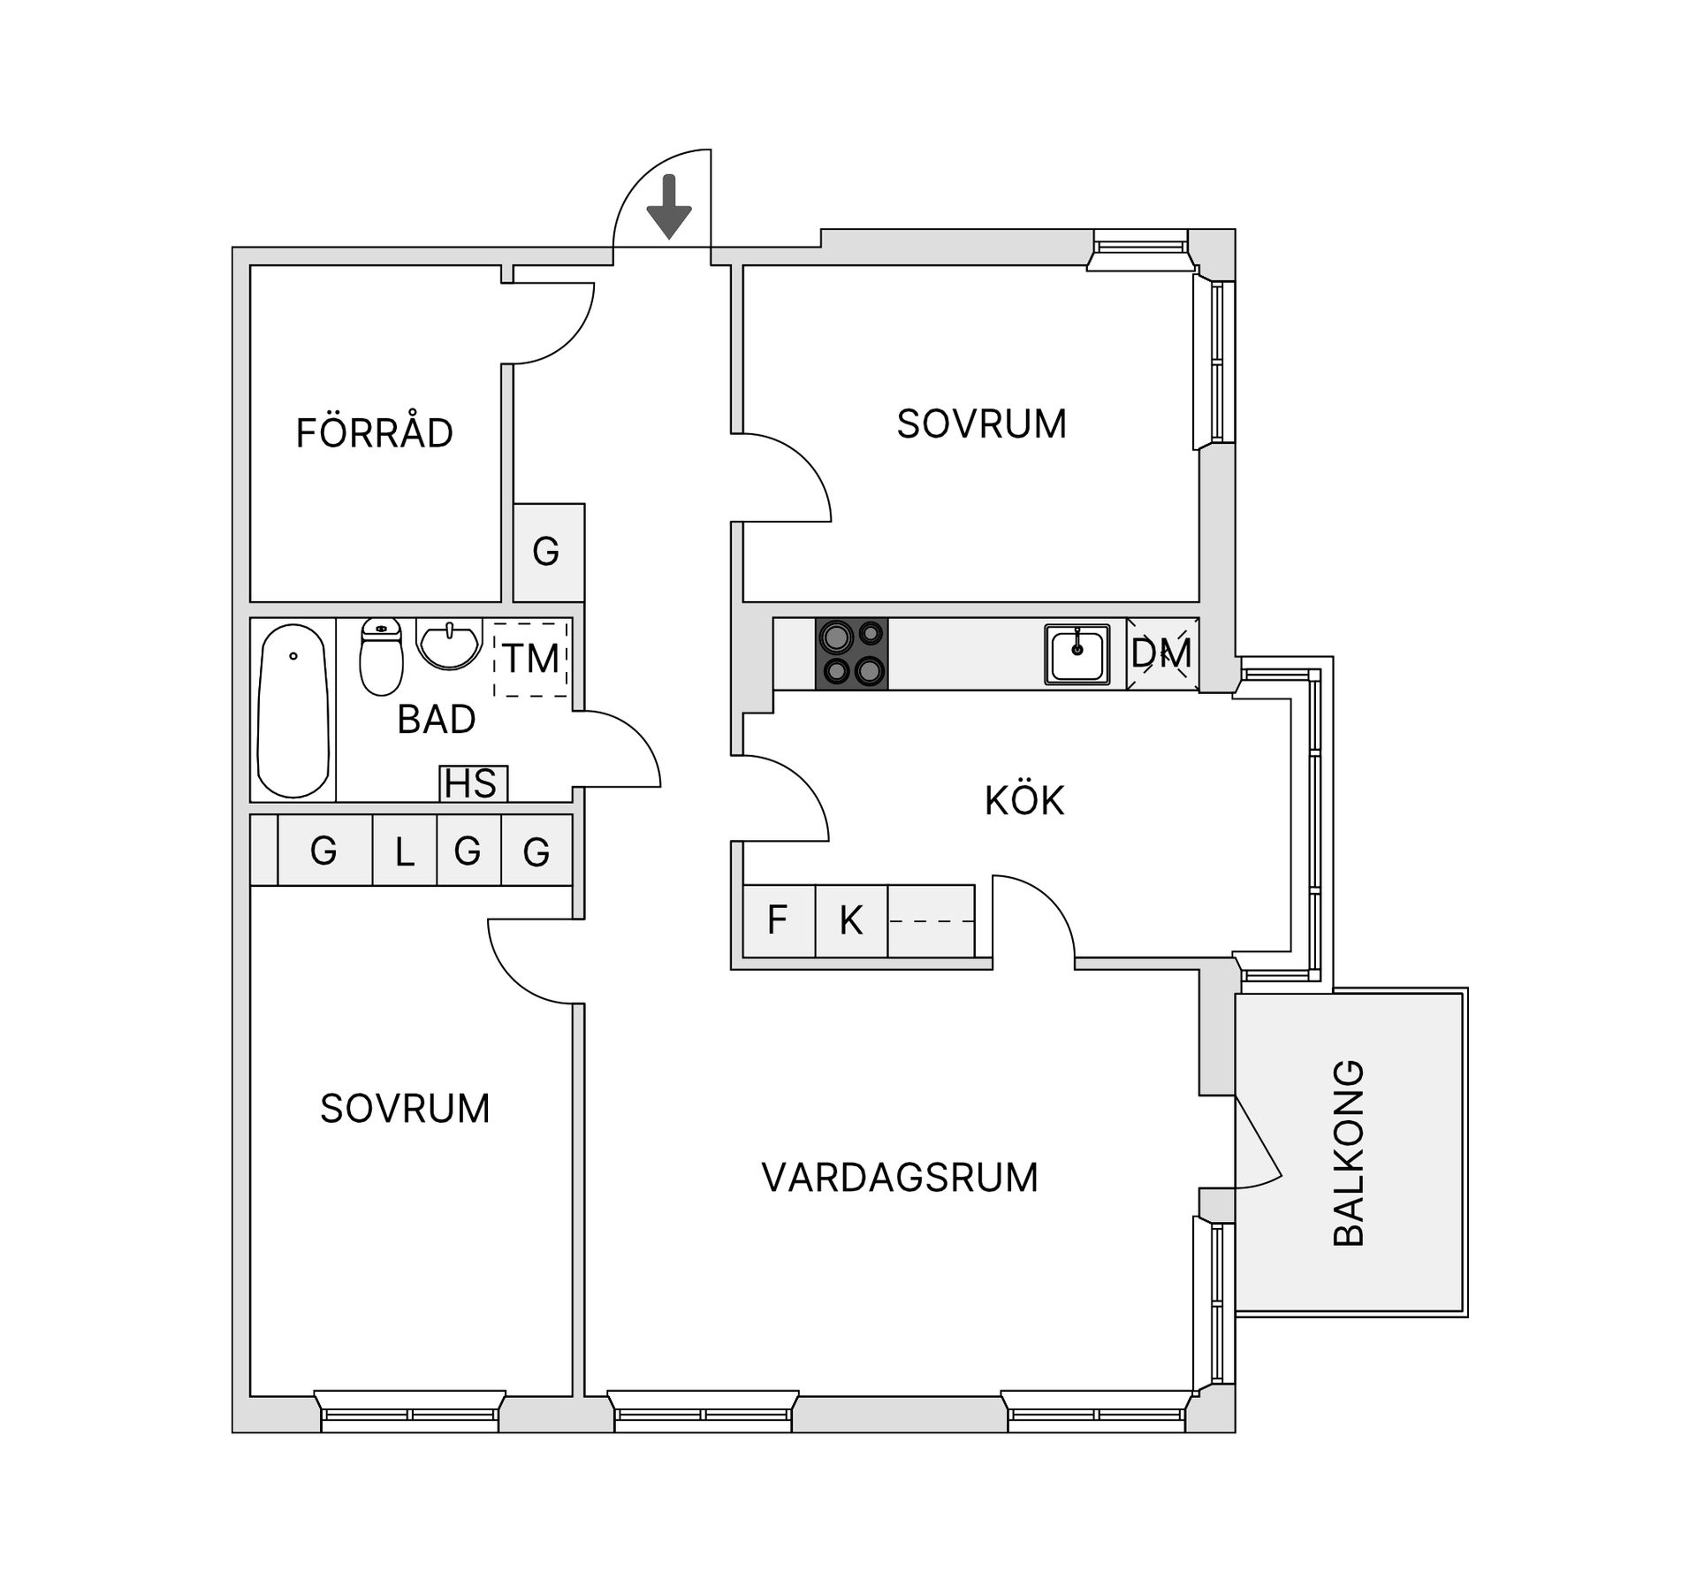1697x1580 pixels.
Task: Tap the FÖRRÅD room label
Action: coord(374,433)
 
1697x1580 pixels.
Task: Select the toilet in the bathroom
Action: coord(381,656)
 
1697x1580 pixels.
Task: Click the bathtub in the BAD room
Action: coord(293,711)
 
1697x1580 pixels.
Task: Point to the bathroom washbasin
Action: coord(449,643)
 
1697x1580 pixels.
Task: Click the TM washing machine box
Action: coord(530,658)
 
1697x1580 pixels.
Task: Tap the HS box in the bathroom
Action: coord(473,784)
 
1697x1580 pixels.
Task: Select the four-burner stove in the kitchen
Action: coord(851,653)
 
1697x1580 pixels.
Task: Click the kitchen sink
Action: coord(1077,654)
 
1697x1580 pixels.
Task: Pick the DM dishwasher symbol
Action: coord(1162,654)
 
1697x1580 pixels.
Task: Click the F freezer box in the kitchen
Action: coord(778,920)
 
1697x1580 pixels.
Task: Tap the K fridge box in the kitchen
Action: coord(850,920)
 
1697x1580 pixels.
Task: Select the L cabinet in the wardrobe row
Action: coord(405,851)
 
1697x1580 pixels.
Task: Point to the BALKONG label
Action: coord(1349,1153)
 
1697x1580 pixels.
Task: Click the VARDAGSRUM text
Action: coord(899,1178)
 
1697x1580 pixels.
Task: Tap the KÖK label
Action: coord(1024,800)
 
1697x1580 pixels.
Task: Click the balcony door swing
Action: coord(1258,1149)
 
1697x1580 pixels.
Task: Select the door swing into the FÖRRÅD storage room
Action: coord(552,323)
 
